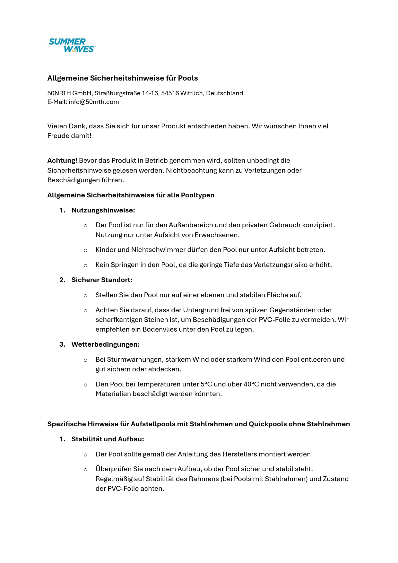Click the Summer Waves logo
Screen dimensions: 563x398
(x=72, y=45)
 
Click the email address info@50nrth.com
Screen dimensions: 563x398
(x=94, y=102)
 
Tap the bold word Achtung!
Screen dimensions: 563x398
(x=62, y=160)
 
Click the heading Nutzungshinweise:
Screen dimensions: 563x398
(x=103, y=210)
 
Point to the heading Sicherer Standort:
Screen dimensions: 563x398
(x=102, y=280)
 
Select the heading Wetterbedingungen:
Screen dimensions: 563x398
(x=105, y=344)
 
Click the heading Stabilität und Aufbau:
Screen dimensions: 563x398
(x=108, y=439)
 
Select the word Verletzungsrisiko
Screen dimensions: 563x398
(x=281, y=265)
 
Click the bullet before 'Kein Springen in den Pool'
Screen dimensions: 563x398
(x=85, y=265)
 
